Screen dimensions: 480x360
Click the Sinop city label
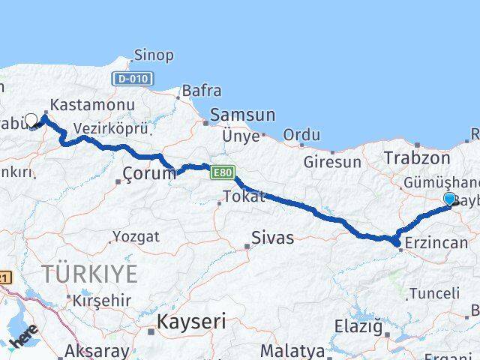coord(154,55)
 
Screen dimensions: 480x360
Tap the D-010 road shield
coord(132,79)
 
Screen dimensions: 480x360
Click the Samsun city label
coord(242,115)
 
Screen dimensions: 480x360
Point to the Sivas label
coord(272,239)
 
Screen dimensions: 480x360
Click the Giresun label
coord(333,161)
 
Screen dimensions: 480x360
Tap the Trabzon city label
coord(416,157)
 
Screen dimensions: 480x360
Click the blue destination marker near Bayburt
coord(449,199)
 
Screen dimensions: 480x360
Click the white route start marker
coord(31,119)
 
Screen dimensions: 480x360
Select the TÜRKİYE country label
coord(90,274)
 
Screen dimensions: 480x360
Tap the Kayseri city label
coord(191,322)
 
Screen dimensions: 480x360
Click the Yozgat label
coord(136,237)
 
